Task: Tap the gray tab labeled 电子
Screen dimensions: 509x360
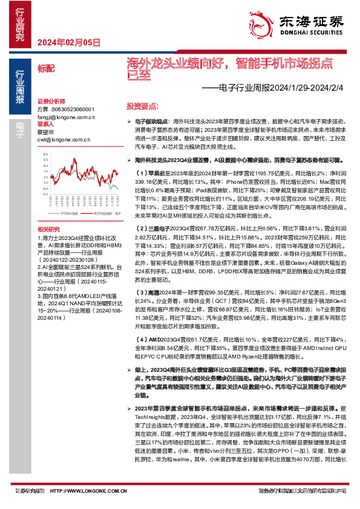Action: [x=19, y=125]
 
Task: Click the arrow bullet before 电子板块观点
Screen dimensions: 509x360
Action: [x=129, y=122]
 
